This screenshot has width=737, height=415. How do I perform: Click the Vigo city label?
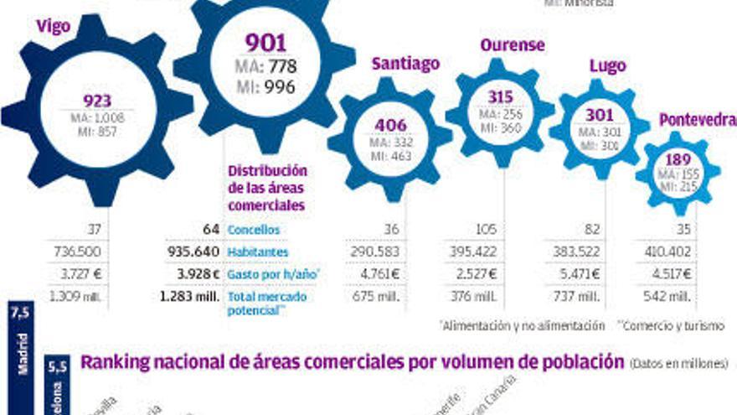tap(53, 26)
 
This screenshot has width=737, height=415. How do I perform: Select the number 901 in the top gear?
tap(265, 43)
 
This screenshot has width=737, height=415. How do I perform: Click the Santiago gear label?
tap(405, 64)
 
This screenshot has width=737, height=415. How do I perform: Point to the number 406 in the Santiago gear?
tap(390, 126)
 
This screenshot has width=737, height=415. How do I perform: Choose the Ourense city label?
tap(513, 44)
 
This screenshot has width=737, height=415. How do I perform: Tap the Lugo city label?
tap(607, 65)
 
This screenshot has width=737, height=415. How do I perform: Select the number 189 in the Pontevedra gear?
tap(678, 159)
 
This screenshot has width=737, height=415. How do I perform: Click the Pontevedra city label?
tap(697, 119)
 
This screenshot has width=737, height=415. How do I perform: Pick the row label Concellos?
tap(254, 230)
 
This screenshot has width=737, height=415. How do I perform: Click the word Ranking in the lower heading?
tap(111, 362)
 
